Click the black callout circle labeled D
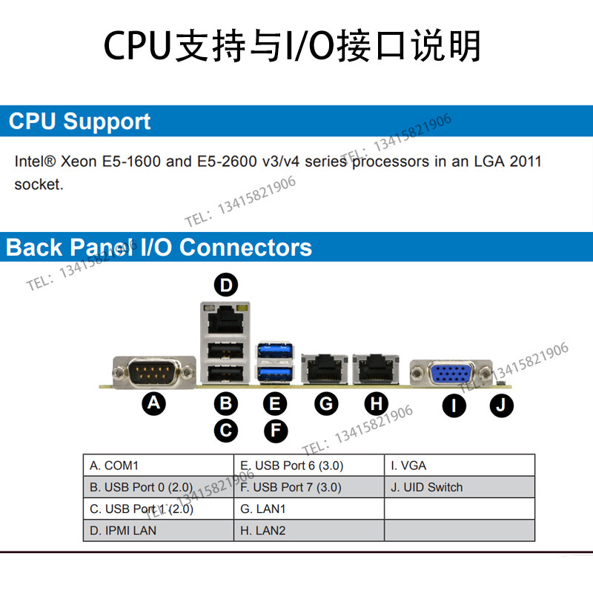pyautogui.click(x=226, y=285)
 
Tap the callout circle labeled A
pyautogui.click(x=153, y=403)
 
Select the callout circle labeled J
pyautogui.click(x=502, y=405)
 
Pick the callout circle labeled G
pyautogui.click(x=326, y=403)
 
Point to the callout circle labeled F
pyautogui.click(x=276, y=431)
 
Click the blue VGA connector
pyautogui.click(x=451, y=374)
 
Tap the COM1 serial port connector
pyautogui.click(x=154, y=372)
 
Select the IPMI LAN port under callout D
pyautogui.click(x=225, y=319)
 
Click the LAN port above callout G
pyautogui.click(x=325, y=369)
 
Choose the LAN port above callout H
pyautogui.click(x=376, y=369)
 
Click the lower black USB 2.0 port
pyautogui.click(x=225, y=374)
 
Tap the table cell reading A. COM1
pyautogui.click(x=159, y=466)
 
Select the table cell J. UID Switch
pyautogui.click(x=460, y=487)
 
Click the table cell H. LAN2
pyautogui.click(x=309, y=530)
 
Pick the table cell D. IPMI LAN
pyautogui.click(x=159, y=530)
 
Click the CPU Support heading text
pyautogui.click(x=79, y=122)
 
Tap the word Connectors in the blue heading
pyautogui.click(x=245, y=248)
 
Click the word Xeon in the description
pyautogui.click(x=79, y=162)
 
